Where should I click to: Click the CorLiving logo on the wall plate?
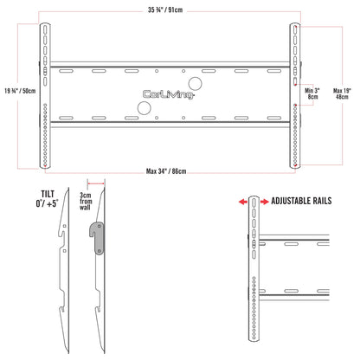(169, 94)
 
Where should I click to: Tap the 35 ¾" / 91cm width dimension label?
(165, 10)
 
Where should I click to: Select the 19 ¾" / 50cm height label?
(20, 91)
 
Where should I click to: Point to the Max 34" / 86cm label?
(166, 171)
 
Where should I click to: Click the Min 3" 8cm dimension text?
(312, 93)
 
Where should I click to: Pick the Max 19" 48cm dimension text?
(342, 93)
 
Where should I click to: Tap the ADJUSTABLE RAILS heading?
(301, 201)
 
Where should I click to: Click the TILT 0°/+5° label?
(47, 199)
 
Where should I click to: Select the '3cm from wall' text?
(86, 202)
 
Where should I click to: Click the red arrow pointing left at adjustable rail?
(243, 202)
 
